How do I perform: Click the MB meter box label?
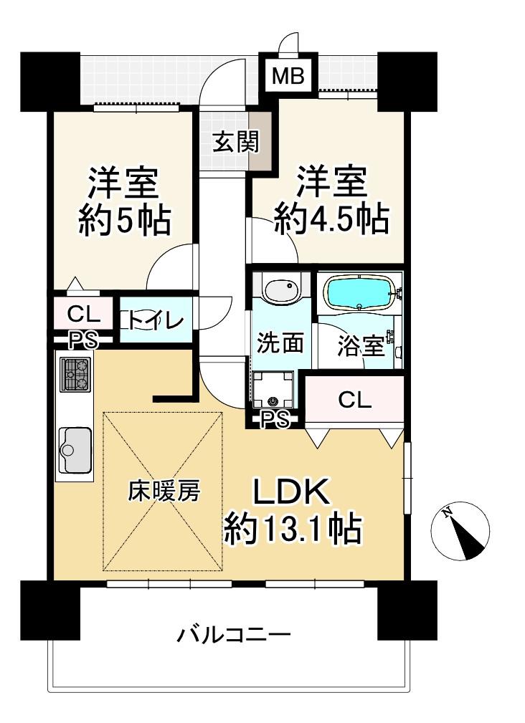pos(288,76)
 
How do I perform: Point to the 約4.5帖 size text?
pos(331,218)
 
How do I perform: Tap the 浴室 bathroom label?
pos(361,346)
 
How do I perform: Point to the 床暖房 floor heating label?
pos(164,491)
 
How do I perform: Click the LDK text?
pos(291,492)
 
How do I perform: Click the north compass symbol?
pos(460,531)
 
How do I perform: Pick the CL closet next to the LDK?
pos(355,400)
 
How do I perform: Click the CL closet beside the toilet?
pos(84,315)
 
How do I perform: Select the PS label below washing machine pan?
pos(275,419)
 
